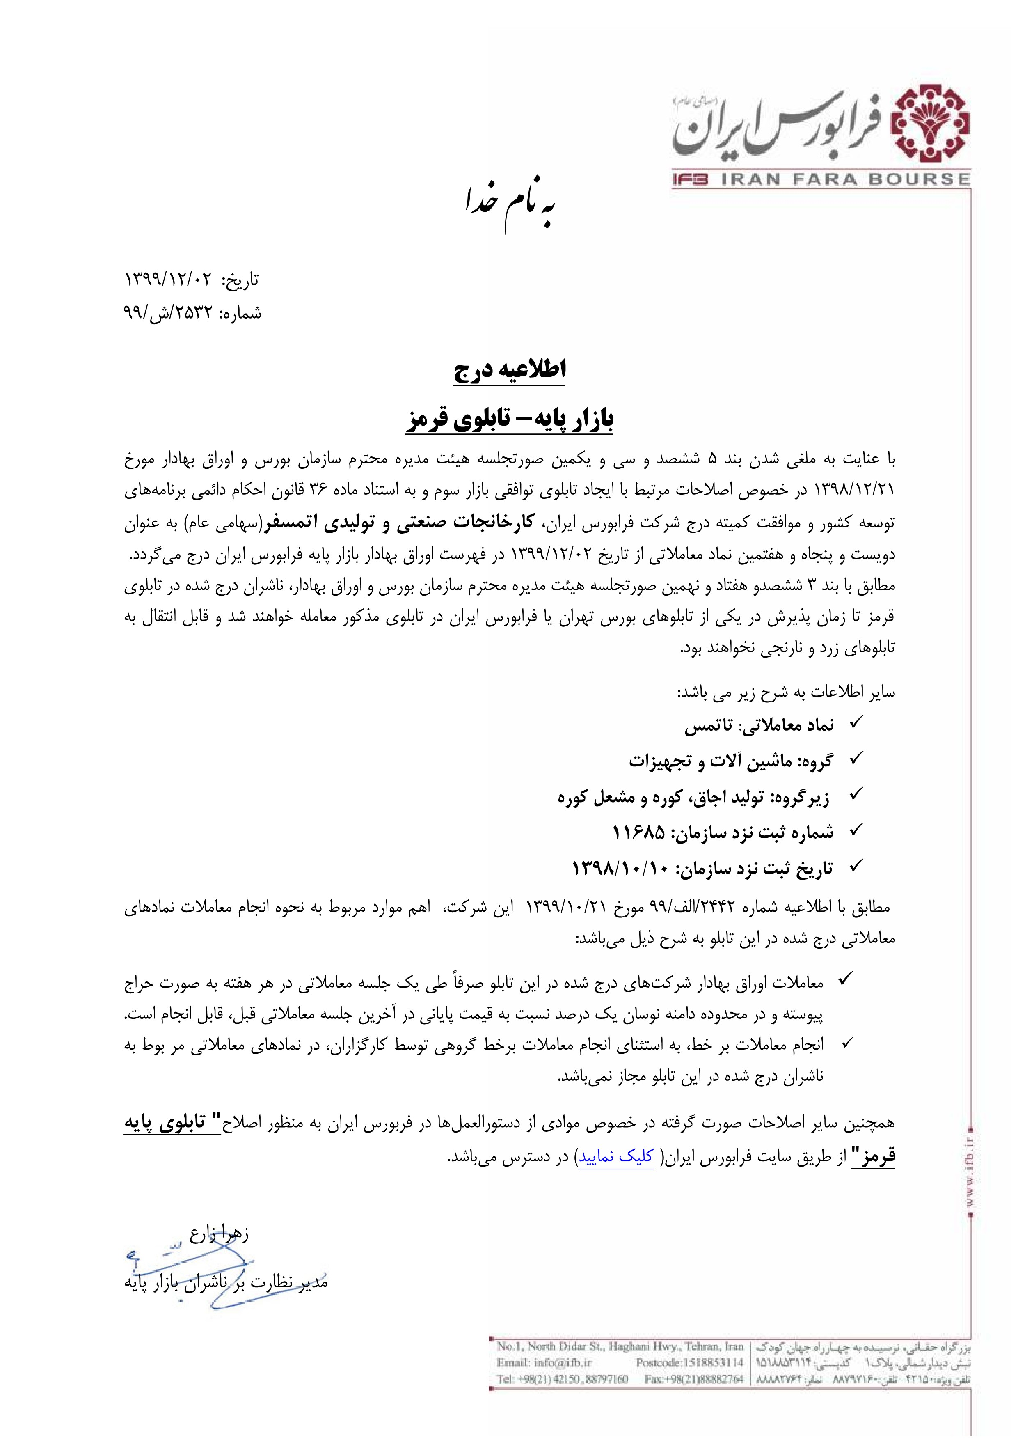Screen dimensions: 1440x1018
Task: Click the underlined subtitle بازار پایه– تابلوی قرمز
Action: point(509,419)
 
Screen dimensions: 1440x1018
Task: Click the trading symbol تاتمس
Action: point(708,726)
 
